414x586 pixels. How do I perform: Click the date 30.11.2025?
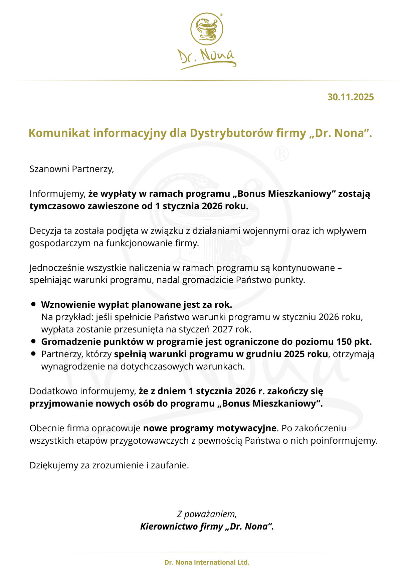point(350,97)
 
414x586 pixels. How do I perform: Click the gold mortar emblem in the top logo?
point(207,29)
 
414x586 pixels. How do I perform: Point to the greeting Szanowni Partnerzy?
point(71,169)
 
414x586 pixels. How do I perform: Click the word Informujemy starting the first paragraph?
point(57,194)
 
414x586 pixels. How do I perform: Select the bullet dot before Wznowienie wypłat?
point(33,304)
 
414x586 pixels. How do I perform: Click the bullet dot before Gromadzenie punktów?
point(33,341)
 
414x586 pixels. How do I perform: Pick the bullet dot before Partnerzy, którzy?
point(33,353)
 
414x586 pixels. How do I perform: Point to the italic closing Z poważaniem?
point(207,514)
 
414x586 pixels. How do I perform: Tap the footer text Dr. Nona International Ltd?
point(207,562)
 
